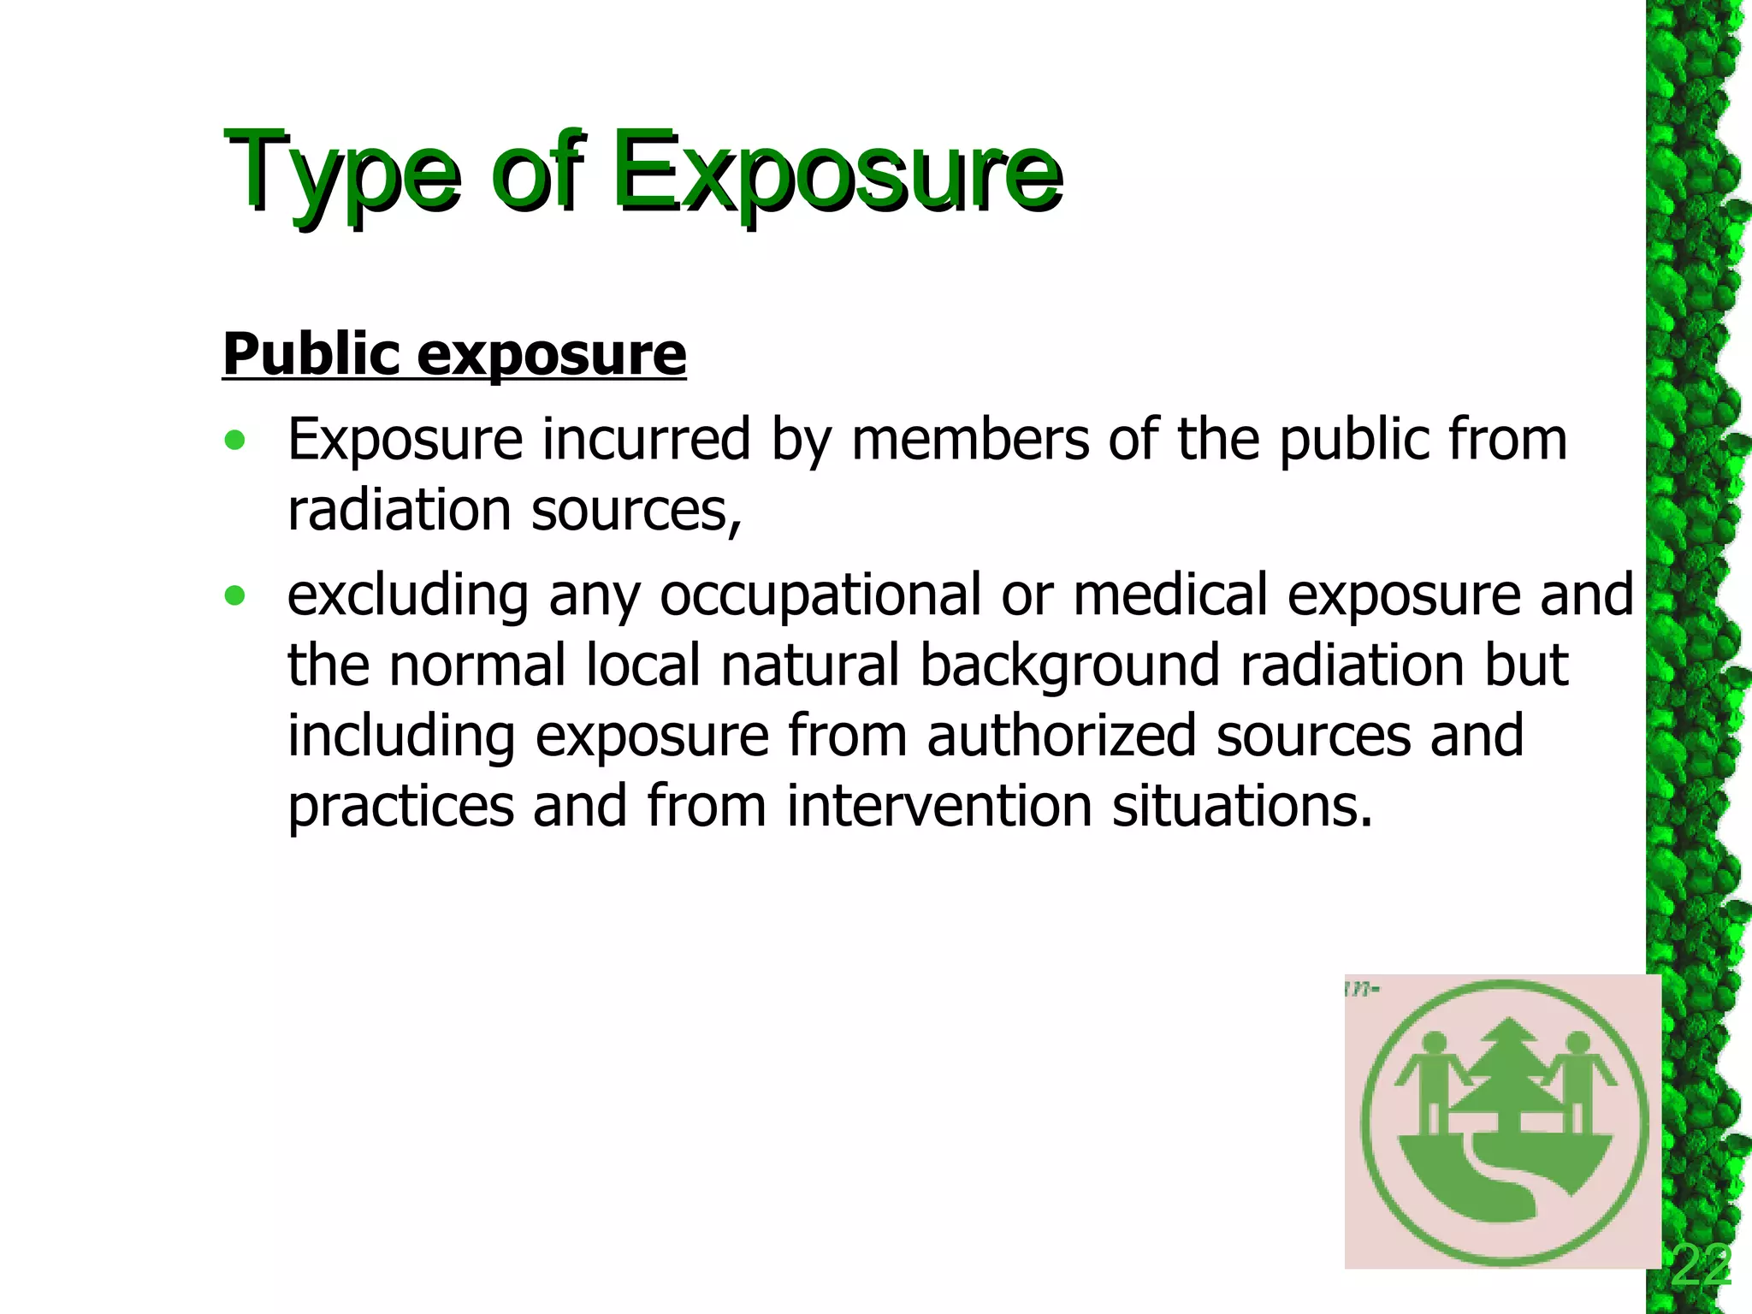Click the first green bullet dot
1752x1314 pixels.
(234, 441)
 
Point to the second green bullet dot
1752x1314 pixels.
(234, 595)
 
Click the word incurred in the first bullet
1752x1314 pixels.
(647, 440)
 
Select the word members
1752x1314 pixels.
(970, 440)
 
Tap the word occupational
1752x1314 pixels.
(820, 595)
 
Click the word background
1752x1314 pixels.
(1069, 666)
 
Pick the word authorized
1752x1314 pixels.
(1061, 736)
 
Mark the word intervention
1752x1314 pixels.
(938, 806)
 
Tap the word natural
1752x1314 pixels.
(810, 666)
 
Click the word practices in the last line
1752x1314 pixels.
(400, 808)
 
